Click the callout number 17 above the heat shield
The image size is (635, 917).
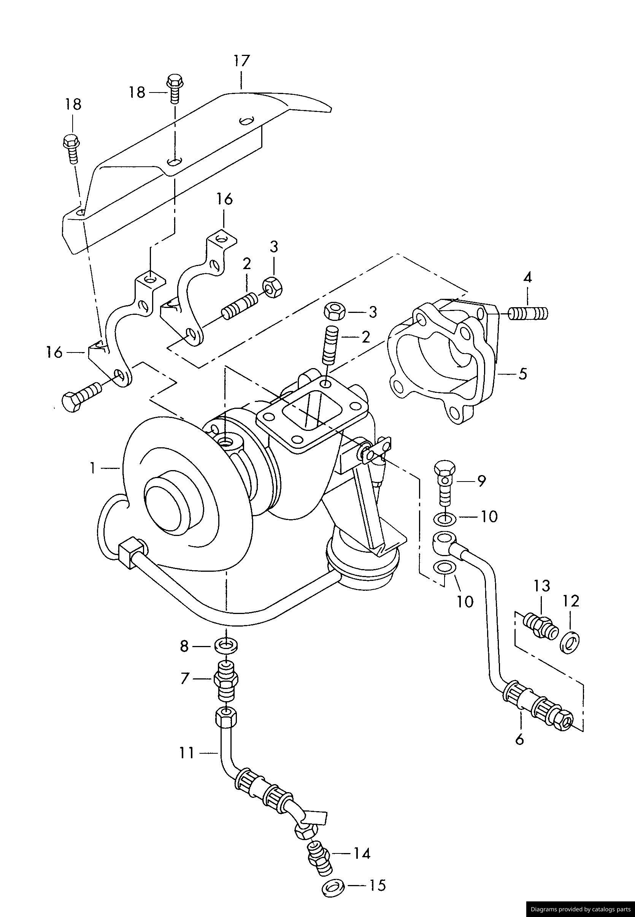tap(241, 61)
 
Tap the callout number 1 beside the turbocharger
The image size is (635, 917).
tap(92, 468)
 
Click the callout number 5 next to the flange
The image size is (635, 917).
tap(523, 374)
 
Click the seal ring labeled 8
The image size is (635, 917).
tap(226, 646)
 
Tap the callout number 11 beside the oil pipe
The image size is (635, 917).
tap(186, 753)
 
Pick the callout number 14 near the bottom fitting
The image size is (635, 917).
tap(362, 865)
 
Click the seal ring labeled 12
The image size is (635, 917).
tap(569, 641)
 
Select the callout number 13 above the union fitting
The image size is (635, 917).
tap(542, 586)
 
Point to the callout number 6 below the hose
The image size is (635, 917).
tap(520, 739)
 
